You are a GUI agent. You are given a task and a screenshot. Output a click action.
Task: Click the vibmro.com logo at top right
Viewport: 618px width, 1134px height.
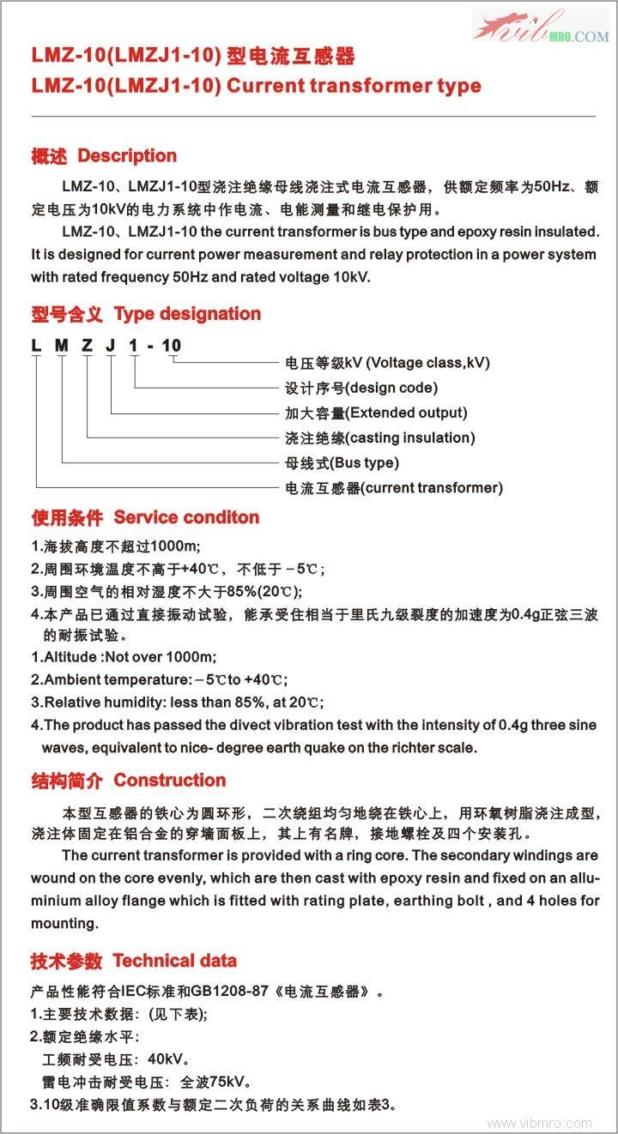point(541,27)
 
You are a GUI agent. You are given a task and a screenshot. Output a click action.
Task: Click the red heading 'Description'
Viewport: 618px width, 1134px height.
point(127,156)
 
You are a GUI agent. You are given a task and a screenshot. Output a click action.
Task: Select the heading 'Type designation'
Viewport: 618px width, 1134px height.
point(187,314)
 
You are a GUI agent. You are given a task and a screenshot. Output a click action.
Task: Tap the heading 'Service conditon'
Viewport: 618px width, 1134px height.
point(186,517)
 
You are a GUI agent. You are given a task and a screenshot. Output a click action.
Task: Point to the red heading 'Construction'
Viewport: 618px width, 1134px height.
point(170,781)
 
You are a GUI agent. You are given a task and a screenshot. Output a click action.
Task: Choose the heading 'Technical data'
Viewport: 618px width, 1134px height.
point(174,961)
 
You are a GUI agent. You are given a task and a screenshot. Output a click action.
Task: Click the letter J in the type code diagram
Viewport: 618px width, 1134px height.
point(110,346)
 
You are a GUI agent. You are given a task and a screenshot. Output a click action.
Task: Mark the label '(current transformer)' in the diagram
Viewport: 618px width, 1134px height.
point(432,488)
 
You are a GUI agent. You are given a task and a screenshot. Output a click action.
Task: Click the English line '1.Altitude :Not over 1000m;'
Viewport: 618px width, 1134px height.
point(124,658)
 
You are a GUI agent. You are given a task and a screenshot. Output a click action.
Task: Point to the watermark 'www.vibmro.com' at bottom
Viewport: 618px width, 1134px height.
point(539,1123)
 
